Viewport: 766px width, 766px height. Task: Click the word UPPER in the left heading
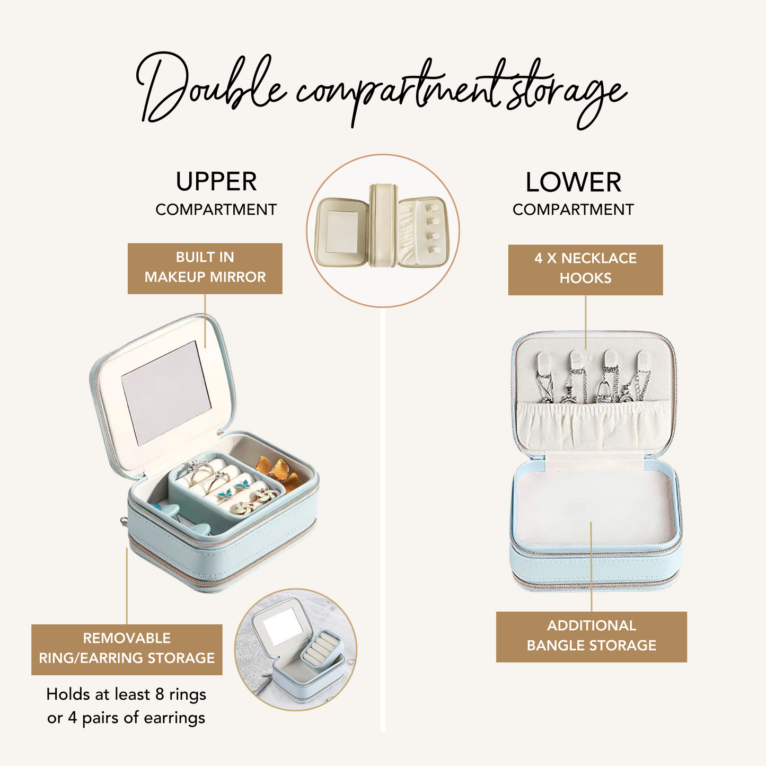click(x=216, y=182)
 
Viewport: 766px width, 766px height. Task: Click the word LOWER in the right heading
click(x=573, y=182)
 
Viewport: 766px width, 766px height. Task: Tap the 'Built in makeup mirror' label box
click(x=205, y=268)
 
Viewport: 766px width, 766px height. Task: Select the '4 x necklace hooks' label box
click(x=585, y=269)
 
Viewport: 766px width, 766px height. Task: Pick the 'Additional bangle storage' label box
click(x=591, y=637)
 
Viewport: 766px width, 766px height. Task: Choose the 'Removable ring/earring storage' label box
click(x=127, y=649)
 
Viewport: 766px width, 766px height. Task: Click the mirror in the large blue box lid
click(x=166, y=392)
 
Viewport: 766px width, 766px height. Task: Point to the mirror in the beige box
click(x=341, y=232)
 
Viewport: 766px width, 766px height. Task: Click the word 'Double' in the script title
click(x=210, y=87)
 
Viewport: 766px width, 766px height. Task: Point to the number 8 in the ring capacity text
click(x=160, y=694)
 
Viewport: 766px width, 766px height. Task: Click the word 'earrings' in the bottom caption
click(x=174, y=718)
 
